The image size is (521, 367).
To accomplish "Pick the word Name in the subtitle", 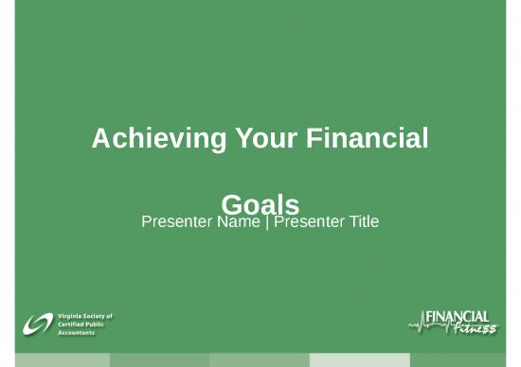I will coord(236,222).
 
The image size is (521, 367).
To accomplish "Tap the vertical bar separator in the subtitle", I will coord(266,222).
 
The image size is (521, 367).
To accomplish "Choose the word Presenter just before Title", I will coord(306,222).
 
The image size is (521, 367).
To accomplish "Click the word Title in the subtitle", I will coord(360,222).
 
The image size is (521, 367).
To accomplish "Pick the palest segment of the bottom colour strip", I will coord(360,360).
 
